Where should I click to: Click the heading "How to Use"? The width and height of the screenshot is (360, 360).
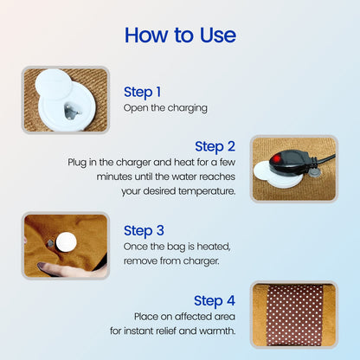(x=180, y=35)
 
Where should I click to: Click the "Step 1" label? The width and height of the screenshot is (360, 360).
(x=142, y=92)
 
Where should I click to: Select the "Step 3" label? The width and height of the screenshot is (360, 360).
(x=143, y=230)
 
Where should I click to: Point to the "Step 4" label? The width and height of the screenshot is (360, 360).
(x=214, y=300)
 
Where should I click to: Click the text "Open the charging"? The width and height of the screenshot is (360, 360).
(x=165, y=109)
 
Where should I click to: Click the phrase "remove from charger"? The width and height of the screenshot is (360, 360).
(x=177, y=260)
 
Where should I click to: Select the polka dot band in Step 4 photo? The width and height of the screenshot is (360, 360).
(x=293, y=313)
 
